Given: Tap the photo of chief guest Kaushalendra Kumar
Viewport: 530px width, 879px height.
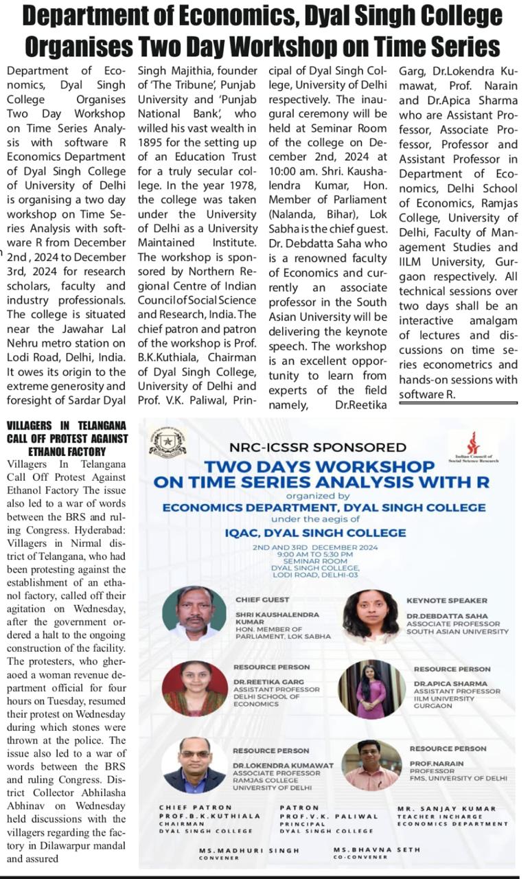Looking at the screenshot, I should (194, 613).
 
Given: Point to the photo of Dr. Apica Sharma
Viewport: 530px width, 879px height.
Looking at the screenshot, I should (371, 689).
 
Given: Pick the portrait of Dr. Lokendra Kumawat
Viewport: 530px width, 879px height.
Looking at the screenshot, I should (194, 764).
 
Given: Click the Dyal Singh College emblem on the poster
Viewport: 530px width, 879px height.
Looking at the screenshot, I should (168, 440).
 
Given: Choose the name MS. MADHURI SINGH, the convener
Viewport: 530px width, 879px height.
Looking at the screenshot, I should (249, 850).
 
